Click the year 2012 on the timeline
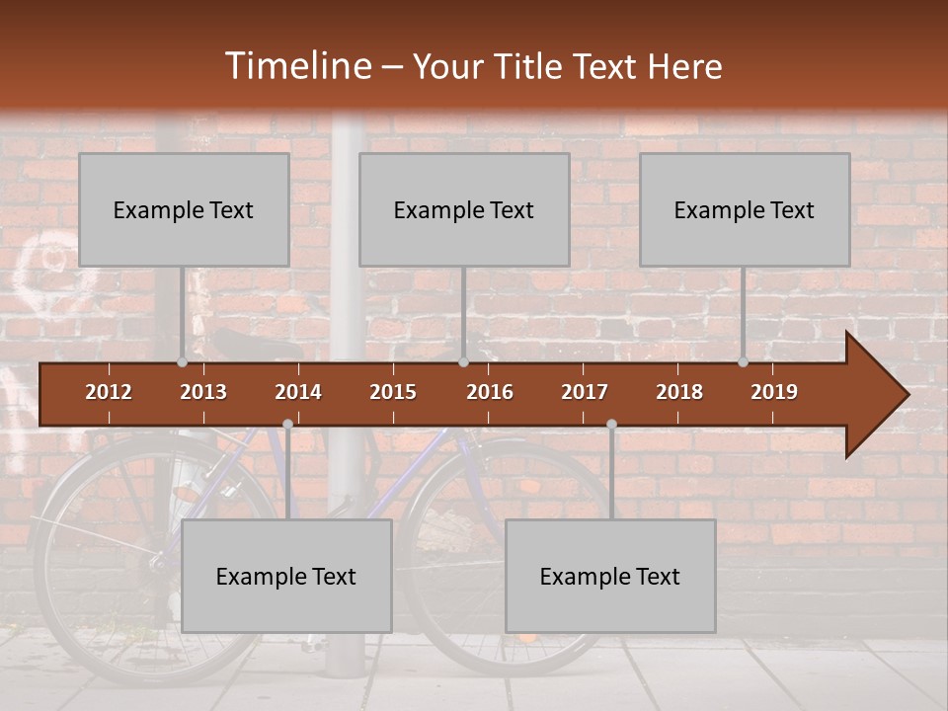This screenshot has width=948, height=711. tap(109, 392)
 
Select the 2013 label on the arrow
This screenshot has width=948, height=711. tap(203, 392)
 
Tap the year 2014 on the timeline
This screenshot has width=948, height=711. tap(298, 392)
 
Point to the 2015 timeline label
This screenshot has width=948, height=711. tap(393, 392)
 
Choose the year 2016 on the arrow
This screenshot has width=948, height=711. tap(490, 392)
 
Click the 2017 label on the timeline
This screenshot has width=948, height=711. tap(585, 392)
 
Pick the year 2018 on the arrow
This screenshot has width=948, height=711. tap(679, 392)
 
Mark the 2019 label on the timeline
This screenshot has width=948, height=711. tap(774, 392)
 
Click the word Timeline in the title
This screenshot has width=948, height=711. tap(295, 66)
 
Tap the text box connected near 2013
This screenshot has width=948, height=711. tap(184, 209)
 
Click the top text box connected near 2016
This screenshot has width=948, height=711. tap(464, 209)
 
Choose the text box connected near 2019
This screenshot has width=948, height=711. tap(745, 209)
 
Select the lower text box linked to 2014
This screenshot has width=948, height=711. tap(286, 576)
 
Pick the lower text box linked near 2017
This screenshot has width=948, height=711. tap(610, 576)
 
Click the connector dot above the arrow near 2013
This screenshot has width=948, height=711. tap(182, 362)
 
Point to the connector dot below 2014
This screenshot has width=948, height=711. tap(287, 424)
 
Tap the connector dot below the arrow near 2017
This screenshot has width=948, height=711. tap(611, 424)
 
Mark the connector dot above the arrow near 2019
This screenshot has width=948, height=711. tap(743, 362)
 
